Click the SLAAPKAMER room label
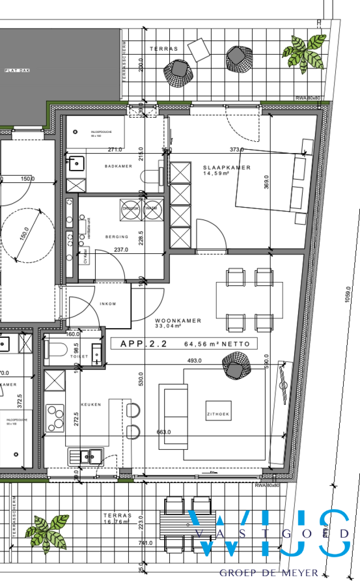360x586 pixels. [x=227, y=167]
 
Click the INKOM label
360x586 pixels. [x=107, y=303]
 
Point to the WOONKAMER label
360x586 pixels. [x=178, y=321]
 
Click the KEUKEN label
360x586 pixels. [x=90, y=404]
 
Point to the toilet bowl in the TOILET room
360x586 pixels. [x=58, y=352]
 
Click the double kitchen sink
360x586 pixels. [x=87, y=456]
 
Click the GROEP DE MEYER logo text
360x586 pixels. [x=269, y=573]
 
